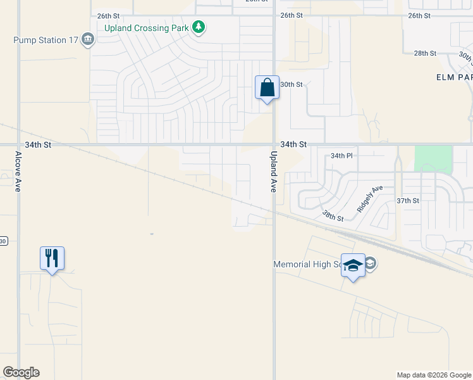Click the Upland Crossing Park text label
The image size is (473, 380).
(x=148, y=27)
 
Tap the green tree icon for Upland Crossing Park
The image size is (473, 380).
(x=199, y=27)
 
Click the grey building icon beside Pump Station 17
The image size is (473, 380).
(x=89, y=41)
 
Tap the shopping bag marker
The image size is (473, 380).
(x=267, y=87)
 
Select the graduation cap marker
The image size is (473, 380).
(x=353, y=265)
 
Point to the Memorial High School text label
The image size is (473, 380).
(x=307, y=264)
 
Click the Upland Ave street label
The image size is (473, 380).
(x=274, y=172)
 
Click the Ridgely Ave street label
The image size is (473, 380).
(x=370, y=198)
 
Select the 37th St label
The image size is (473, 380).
(x=408, y=201)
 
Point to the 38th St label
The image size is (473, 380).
(x=332, y=217)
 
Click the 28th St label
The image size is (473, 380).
(x=425, y=54)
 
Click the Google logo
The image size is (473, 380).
(x=21, y=372)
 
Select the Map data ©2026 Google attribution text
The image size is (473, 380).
(x=433, y=375)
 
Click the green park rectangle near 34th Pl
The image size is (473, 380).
(x=433, y=159)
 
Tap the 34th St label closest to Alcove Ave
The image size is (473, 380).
(x=38, y=144)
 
